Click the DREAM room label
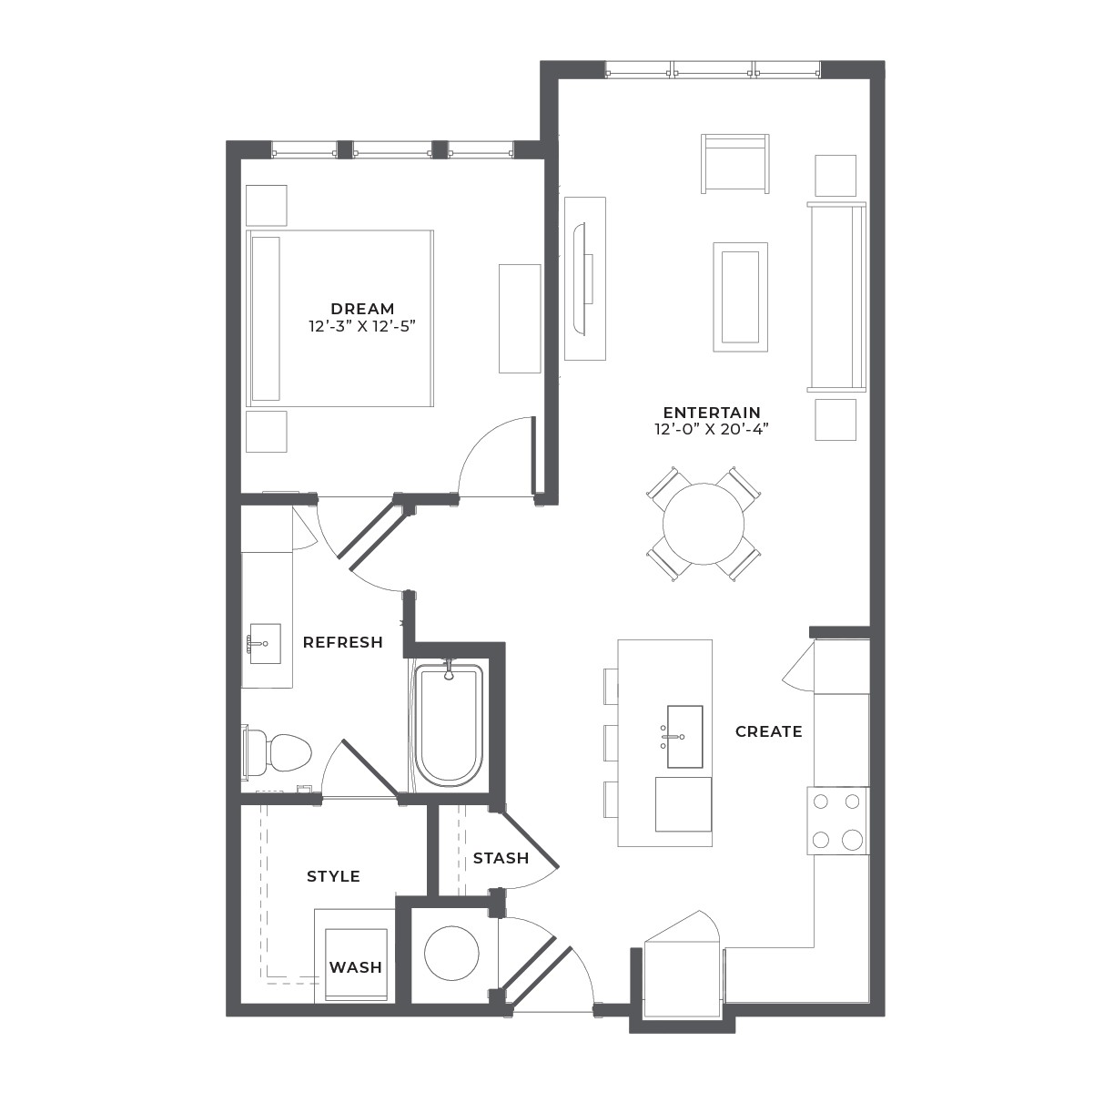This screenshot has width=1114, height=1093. click(x=362, y=309)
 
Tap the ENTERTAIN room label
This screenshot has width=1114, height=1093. click(x=712, y=413)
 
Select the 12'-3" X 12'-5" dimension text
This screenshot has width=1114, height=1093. click(x=362, y=327)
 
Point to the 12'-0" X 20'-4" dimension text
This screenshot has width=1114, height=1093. click(x=712, y=429)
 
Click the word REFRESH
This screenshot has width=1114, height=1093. click(x=343, y=642)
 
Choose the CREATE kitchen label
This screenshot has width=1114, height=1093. click(x=769, y=732)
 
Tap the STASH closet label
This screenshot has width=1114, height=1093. click(x=501, y=858)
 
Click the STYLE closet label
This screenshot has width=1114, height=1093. click(x=334, y=876)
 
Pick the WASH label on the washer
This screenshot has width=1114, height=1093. click(x=356, y=967)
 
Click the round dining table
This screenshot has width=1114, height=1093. click(x=704, y=525)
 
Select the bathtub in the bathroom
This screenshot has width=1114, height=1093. click(x=449, y=726)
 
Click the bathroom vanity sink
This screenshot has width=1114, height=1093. click(x=265, y=643)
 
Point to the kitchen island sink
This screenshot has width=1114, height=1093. click(x=685, y=737)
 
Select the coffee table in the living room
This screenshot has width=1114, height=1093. click(x=741, y=297)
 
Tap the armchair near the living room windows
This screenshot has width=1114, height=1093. click(x=735, y=164)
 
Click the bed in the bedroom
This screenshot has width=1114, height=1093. click(x=339, y=318)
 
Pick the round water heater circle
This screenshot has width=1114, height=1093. click(x=451, y=954)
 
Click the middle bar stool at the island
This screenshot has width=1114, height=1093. click(x=611, y=742)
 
